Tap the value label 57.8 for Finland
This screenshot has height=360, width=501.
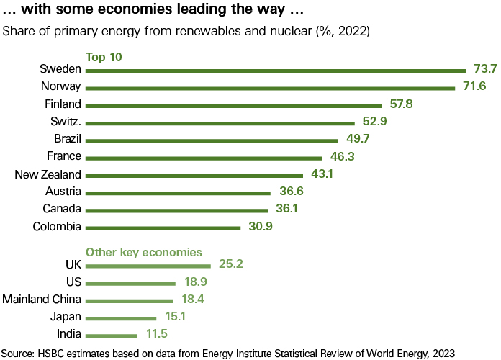(419, 104)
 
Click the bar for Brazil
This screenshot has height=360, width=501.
(212, 140)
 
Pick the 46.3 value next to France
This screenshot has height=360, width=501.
(342, 157)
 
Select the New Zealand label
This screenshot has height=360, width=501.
(41, 175)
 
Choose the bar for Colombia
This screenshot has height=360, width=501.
(163, 228)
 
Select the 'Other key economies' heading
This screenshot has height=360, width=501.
(144, 252)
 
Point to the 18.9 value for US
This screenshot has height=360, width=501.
(194, 282)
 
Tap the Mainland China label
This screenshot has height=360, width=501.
(42, 300)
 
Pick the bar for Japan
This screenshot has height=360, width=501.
(122, 318)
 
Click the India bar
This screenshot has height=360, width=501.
(112, 335)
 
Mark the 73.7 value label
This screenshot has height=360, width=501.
(484, 70)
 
